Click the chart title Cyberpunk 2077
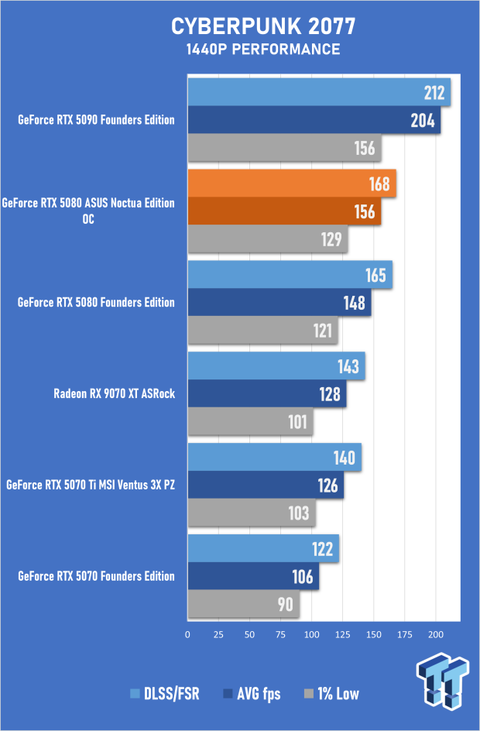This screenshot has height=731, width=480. pyautogui.click(x=262, y=26)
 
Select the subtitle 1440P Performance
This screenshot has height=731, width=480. pyautogui.click(x=262, y=50)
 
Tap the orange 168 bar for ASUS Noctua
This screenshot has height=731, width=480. pyautogui.click(x=292, y=184)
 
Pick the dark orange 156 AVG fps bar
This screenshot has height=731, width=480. pyautogui.click(x=284, y=211)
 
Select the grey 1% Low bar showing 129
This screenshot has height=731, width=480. pyautogui.click(x=267, y=239)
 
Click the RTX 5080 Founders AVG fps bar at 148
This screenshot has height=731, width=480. pyautogui.click(x=279, y=303)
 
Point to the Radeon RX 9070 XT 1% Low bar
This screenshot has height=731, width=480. pyautogui.click(x=250, y=422)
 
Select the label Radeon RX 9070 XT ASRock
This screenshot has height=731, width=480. pyautogui.click(x=115, y=393)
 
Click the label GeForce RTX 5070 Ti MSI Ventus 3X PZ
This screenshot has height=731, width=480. pyautogui.click(x=91, y=486)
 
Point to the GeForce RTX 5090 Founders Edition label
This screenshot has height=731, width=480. pyautogui.click(x=97, y=120)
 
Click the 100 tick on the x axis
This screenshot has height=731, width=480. pyautogui.click(x=312, y=634)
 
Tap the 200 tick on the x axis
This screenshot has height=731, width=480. pyautogui.click(x=436, y=634)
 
